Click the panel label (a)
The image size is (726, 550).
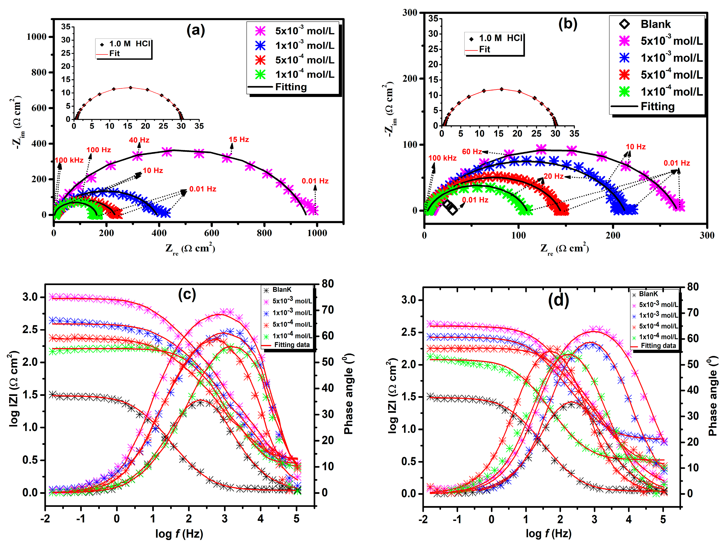(x=196, y=30)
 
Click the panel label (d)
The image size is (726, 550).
(x=558, y=300)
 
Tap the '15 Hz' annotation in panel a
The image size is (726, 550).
(x=239, y=140)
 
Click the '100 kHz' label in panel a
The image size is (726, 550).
(x=69, y=160)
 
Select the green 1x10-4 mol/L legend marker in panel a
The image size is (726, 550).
(x=260, y=75)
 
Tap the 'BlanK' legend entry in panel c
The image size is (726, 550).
(x=282, y=290)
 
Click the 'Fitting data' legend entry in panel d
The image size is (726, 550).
(x=658, y=346)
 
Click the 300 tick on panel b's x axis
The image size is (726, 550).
(x=707, y=235)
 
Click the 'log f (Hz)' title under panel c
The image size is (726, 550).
(x=179, y=534)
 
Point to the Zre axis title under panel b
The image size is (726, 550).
(x=564, y=249)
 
